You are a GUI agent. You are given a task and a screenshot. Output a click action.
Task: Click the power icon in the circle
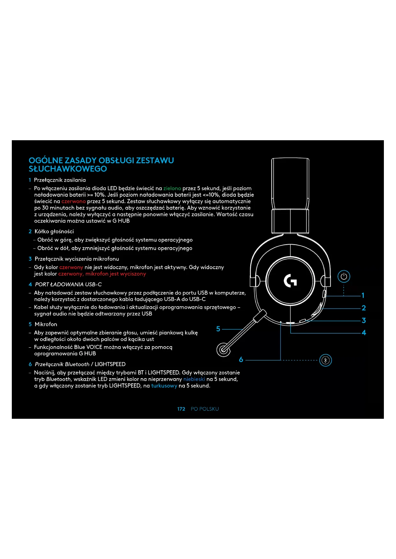point(344,276)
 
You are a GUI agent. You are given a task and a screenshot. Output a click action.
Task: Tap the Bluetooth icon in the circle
point(325,360)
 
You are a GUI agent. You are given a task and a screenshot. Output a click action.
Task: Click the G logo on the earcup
point(290,280)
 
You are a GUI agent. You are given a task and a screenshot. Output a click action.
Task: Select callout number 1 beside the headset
point(363,295)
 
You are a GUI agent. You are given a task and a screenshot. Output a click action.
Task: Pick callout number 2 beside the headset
point(363,308)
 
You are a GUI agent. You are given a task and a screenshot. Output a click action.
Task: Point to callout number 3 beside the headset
point(363,320)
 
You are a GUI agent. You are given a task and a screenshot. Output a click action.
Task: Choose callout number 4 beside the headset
point(364,333)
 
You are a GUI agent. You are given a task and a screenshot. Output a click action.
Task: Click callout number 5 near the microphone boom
point(218,329)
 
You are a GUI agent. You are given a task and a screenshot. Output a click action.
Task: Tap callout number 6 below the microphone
point(241,360)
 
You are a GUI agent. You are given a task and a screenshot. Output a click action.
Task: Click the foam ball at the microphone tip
point(223,350)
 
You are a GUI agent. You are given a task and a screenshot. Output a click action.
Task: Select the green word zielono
point(172,188)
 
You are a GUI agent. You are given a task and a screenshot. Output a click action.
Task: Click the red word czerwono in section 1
point(73,201)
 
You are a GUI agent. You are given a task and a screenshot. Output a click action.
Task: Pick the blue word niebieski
point(194,379)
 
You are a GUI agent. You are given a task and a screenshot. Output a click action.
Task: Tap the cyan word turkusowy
point(164,386)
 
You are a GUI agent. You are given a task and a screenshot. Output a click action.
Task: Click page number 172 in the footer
point(181,409)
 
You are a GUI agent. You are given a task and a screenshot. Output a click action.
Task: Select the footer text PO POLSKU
point(205,409)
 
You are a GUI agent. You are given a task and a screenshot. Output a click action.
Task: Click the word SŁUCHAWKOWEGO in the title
point(68,169)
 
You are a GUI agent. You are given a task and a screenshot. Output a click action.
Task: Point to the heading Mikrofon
point(46,324)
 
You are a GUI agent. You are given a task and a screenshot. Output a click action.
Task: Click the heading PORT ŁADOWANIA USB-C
point(68,284)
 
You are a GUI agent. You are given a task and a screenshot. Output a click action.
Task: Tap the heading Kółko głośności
point(54,231)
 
